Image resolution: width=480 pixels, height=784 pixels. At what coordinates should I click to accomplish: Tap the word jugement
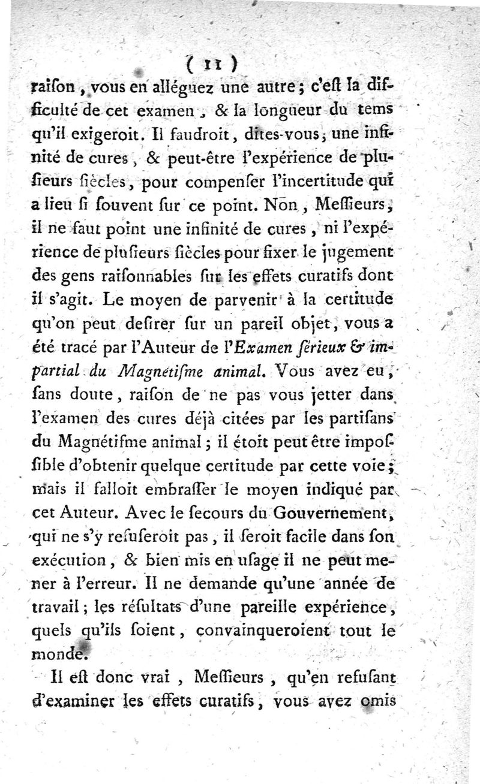coord(359,248)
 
